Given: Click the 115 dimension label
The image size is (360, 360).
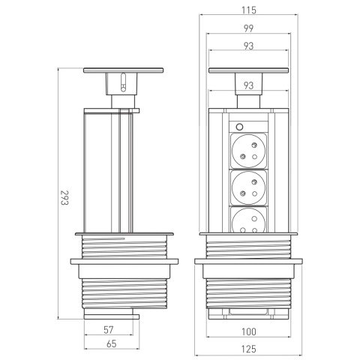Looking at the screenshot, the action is coord(249,10).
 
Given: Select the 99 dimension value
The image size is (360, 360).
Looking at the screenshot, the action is coord(248,28).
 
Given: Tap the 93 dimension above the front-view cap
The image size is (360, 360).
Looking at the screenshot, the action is coord(248,46).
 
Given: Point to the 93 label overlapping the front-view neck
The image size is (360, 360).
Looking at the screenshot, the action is coord(248,85).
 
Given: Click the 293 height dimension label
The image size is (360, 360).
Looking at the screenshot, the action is coord(64,197).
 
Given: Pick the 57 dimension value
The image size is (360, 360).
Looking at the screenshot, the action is coord(109,330).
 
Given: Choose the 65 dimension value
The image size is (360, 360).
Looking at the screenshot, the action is coord(112,343).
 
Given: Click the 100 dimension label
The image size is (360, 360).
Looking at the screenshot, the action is coord(249,331).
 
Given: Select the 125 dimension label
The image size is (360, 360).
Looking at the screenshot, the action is coord(249,349).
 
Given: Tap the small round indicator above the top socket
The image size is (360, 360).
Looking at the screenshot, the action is coord(239,127).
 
